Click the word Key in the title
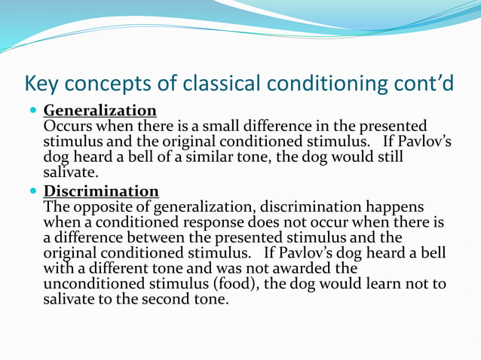pyautogui.click(x=42, y=82)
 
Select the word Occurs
pyautogui.click(x=67, y=126)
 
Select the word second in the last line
pyautogui.click(x=167, y=299)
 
